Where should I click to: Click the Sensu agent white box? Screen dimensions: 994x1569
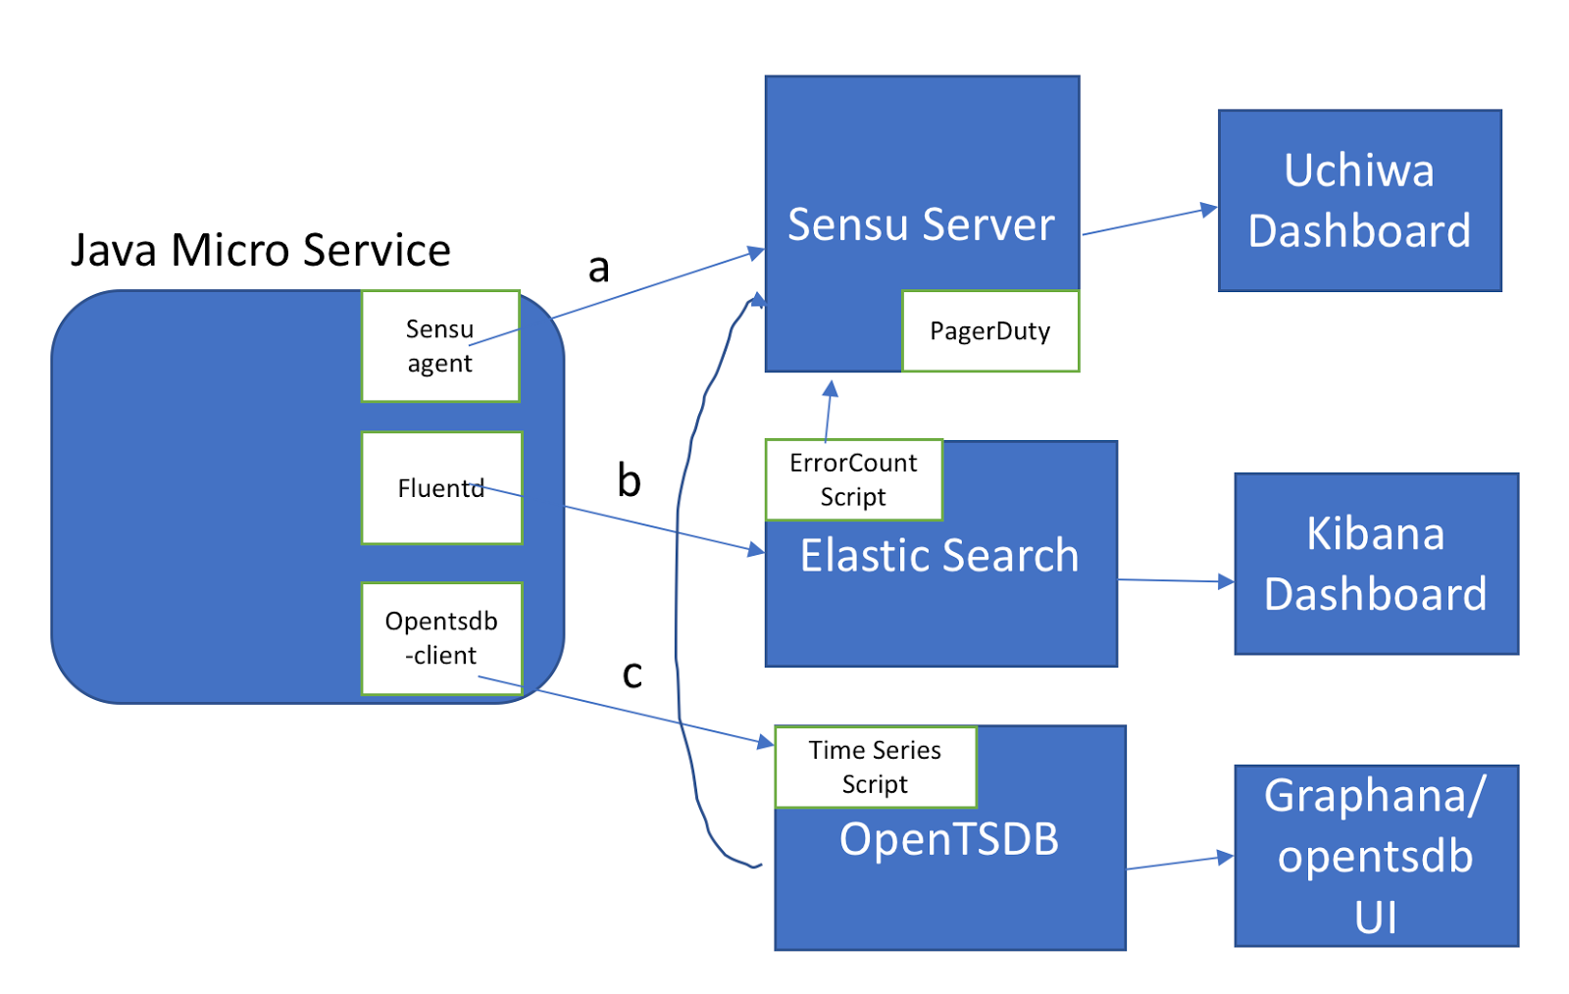click(x=439, y=346)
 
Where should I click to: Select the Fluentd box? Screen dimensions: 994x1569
click(x=441, y=488)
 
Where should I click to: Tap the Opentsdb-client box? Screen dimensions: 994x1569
click(x=441, y=638)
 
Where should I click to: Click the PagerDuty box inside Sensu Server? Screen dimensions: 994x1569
click(x=989, y=331)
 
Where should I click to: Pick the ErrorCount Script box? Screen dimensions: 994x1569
click(x=853, y=479)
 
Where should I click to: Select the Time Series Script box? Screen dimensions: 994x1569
click(x=875, y=767)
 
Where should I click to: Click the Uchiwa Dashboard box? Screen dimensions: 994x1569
click(x=1359, y=201)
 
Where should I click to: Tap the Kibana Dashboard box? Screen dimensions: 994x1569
click(x=1376, y=564)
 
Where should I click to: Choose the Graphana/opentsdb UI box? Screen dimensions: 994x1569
click(x=1376, y=856)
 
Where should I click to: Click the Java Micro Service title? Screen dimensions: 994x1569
click(x=261, y=250)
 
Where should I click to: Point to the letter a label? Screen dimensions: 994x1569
click(x=598, y=267)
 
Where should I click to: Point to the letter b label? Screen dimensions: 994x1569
click(x=629, y=480)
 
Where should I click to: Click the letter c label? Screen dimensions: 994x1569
click(x=633, y=673)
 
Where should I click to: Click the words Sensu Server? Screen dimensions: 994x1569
click(x=921, y=224)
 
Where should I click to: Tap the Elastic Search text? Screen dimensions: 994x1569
click(x=938, y=556)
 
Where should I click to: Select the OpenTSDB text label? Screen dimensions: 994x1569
click(x=948, y=839)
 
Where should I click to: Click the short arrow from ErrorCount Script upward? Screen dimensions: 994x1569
click(x=829, y=412)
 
